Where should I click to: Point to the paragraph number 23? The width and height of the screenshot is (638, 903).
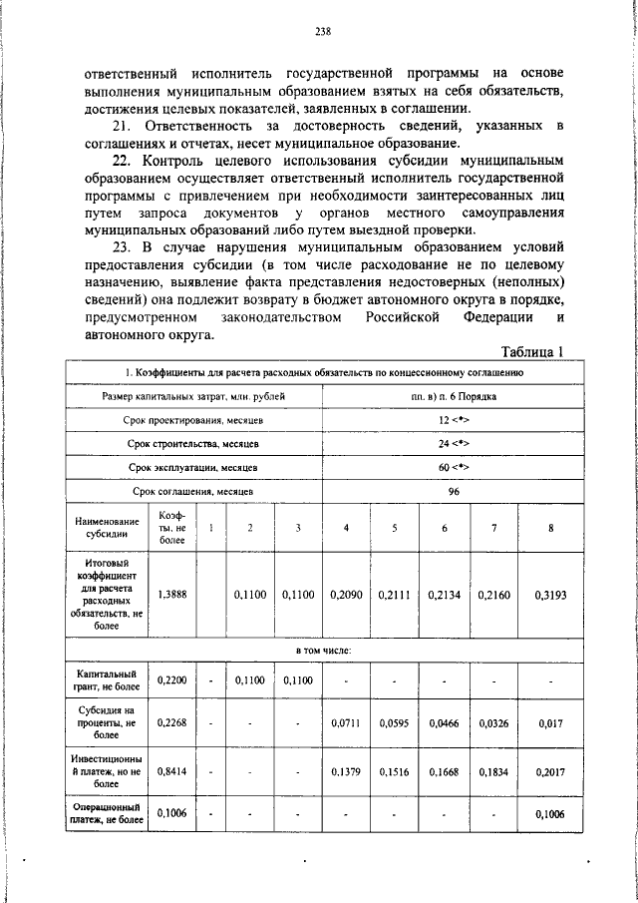pos(120,245)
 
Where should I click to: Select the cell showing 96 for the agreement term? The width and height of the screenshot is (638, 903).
pos(454,491)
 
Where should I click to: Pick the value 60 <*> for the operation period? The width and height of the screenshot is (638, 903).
pos(454,467)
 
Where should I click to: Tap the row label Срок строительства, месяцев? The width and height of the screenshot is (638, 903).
pos(193,444)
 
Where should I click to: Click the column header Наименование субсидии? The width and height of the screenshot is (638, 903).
pos(106,528)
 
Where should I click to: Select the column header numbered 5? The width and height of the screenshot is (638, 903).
pos(395,528)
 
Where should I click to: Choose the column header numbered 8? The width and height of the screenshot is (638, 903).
pos(550,528)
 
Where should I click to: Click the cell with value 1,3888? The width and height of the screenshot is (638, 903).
pos(172,594)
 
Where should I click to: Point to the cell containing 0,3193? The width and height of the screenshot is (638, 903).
pos(550,594)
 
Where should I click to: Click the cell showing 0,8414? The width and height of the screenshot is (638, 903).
pos(172,770)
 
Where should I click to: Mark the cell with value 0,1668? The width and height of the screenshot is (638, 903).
pos(444,770)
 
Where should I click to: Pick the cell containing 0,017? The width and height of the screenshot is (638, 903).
pos(550,721)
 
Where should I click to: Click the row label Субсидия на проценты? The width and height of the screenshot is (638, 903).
pos(106,721)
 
